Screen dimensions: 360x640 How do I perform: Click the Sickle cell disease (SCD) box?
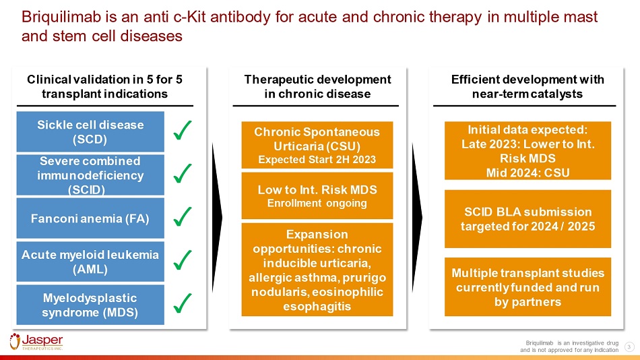[x=90, y=131]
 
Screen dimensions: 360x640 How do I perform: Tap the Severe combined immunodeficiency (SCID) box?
[x=90, y=175]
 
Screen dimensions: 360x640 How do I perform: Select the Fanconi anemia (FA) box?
[x=90, y=218]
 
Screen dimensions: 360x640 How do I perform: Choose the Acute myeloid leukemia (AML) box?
[x=90, y=261]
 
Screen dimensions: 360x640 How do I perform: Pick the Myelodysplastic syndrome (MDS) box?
[x=90, y=305]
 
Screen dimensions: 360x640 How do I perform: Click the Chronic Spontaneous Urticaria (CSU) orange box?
[x=317, y=145]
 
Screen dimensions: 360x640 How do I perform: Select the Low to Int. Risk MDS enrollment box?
[x=317, y=195]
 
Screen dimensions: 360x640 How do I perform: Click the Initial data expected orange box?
[x=527, y=150]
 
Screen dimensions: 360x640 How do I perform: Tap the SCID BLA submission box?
[x=527, y=219]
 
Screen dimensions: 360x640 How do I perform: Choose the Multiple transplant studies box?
[x=527, y=287]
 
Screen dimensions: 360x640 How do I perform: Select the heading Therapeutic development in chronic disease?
[x=317, y=86]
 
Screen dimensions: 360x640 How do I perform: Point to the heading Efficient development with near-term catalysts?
[x=527, y=86]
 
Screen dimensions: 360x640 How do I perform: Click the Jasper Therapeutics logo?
[x=36, y=341]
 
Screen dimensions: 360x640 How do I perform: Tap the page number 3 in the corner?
[x=628, y=347]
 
